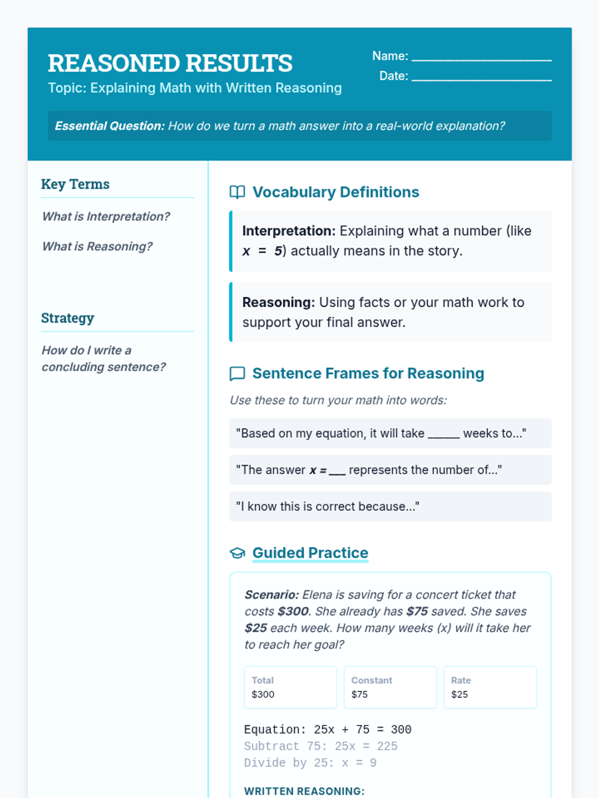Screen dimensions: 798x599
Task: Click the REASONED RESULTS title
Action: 170,63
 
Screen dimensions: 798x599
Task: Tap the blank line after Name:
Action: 481,58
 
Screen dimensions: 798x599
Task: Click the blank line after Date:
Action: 481,78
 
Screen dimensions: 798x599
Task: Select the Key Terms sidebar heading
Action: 75,184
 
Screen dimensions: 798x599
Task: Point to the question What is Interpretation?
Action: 106,216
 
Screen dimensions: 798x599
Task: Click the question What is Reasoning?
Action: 97,246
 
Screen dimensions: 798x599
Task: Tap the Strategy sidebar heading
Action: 67,318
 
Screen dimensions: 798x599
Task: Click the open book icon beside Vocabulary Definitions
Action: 237,192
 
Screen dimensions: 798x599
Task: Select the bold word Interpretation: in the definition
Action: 289,231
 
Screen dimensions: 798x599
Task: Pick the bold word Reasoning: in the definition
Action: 279,302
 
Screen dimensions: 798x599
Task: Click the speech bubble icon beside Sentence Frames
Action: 237,374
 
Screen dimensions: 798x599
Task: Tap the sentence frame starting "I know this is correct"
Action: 327,506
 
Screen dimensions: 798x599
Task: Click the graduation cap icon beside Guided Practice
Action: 237,553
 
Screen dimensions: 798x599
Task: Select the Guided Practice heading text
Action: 310,553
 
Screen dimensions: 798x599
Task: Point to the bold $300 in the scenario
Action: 293,611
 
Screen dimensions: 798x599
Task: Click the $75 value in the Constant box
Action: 359,694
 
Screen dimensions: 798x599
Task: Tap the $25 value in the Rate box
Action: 459,694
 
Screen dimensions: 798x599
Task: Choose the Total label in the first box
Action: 263,680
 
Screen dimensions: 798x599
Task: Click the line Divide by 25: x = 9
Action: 310,763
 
